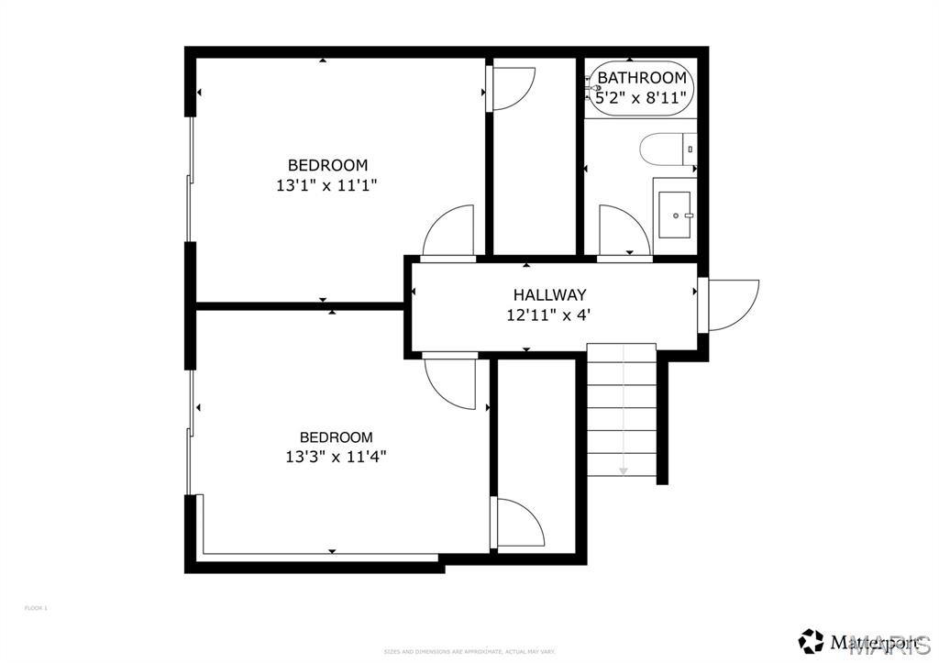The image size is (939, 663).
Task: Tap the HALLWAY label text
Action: pyautogui.click(x=549, y=295)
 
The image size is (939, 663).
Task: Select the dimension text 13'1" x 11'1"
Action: pyautogui.click(x=327, y=184)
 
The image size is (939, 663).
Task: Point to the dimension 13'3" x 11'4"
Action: pyautogui.click(x=336, y=456)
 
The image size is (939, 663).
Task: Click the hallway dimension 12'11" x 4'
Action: pyautogui.click(x=549, y=315)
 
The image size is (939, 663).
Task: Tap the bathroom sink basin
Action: pyautogui.click(x=676, y=215)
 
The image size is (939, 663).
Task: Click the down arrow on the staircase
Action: pyautogui.click(x=623, y=470)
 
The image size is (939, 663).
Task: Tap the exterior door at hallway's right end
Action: pyautogui.click(x=730, y=304)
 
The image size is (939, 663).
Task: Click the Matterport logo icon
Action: pyautogui.click(x=810, y=639)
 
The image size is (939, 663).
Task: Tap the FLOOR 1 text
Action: pyautogui.click(x=35, y=608)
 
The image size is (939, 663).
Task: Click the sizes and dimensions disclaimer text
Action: pyautogui.click(x=469, y=651)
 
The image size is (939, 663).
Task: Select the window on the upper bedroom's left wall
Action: pyautogui.click(x=191, y=179)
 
